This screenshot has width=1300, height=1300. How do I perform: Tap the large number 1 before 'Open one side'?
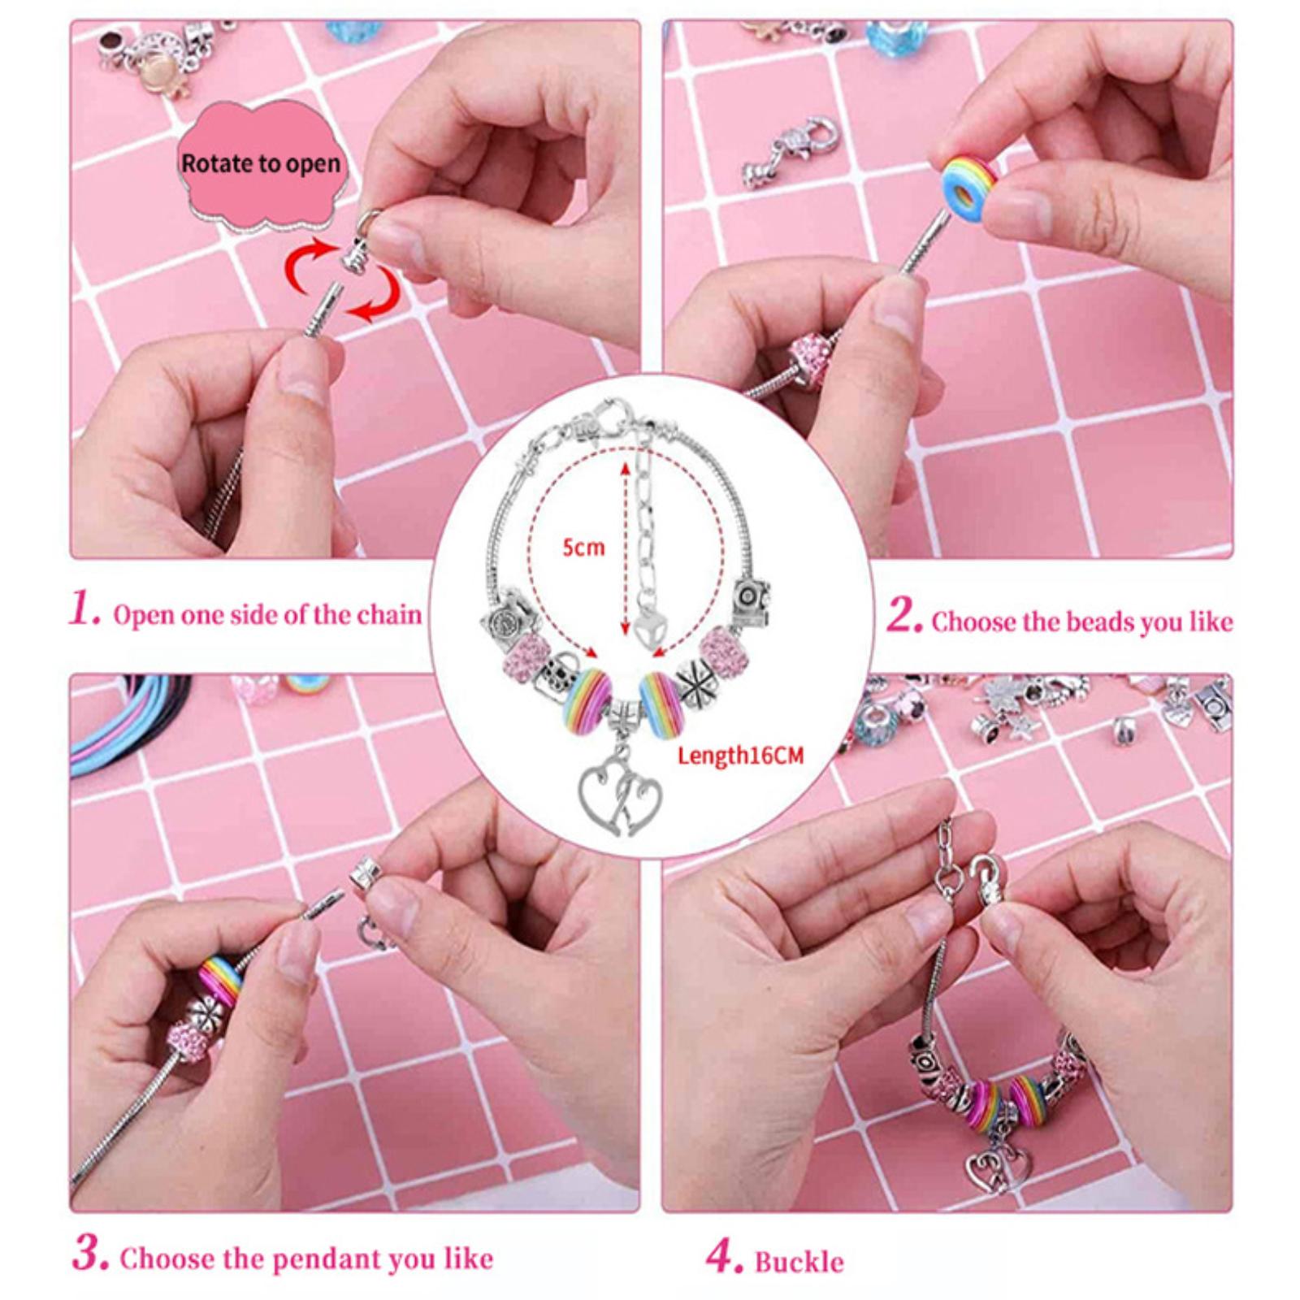(84, 609)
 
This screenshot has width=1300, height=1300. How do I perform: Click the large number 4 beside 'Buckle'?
(724, 1257)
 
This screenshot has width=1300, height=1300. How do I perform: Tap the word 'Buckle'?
(799, 1262)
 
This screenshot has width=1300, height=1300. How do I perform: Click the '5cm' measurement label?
(583, 548)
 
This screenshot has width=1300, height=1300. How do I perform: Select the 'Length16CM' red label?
(740, 756)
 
